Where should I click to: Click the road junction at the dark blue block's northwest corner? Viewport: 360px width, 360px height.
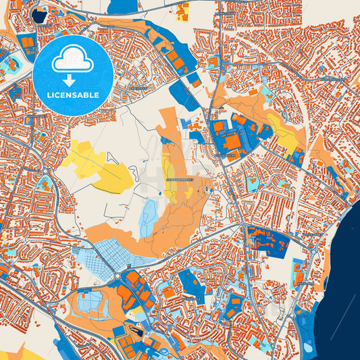point(246,227)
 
